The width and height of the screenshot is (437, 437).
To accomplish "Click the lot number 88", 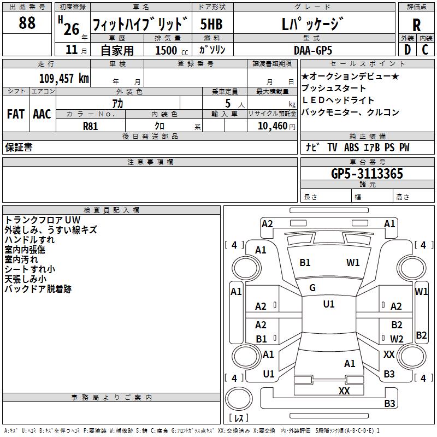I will click(x=27, y=23).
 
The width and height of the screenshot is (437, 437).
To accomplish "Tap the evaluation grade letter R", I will click(x=417, y=25).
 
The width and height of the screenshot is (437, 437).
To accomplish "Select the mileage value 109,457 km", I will click(x=64, y=78).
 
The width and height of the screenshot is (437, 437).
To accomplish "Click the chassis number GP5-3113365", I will click(x=367, y=174).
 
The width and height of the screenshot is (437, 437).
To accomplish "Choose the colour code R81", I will click(x=90, y=126).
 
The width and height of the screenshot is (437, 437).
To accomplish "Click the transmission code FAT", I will click(x=16, y=114).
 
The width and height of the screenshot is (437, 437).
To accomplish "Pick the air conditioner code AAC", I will click(x=42, y=114).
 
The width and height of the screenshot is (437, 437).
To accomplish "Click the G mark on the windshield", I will click(x=312, y=288).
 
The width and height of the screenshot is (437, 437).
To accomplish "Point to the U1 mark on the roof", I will click(x=328, y=304).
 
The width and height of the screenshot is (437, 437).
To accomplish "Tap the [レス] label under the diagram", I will click(x=239, y=418).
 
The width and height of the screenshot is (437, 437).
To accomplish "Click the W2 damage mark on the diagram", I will click(x=397, y=339).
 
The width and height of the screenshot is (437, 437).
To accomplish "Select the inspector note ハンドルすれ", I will click(x=29, y=240).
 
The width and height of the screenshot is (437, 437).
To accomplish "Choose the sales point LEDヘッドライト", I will click(x=338, y=101).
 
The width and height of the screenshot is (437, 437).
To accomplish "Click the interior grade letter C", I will click(x=425, y=49).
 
